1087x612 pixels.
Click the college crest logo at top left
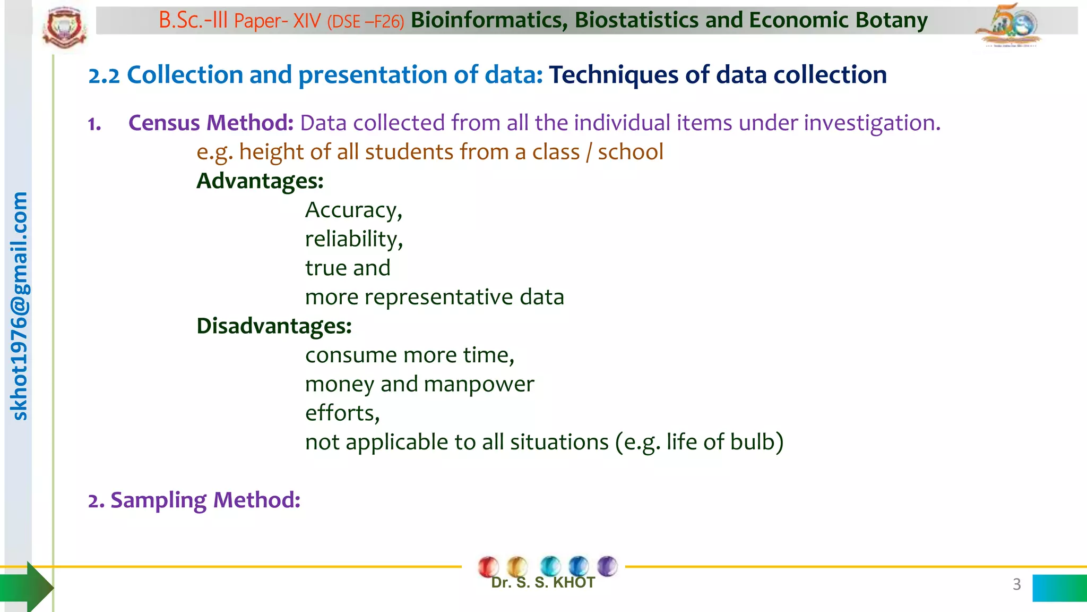pos(64,28)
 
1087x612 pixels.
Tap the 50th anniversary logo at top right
pos(1008,25)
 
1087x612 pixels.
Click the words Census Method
pos(211,123)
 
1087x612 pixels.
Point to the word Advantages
pos(259,181)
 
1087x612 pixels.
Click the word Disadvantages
pos(273,326)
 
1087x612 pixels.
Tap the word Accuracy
pos(352,210)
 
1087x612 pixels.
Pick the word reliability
pos(353,239)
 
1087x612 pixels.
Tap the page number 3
pos(1016,584)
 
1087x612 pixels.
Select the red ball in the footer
pos(488,566)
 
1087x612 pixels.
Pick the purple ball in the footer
pos(607,566)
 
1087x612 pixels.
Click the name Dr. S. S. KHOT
pos(542,583)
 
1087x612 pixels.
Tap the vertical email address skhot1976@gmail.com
pos(19,306)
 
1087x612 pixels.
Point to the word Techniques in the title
pos(613,75)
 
